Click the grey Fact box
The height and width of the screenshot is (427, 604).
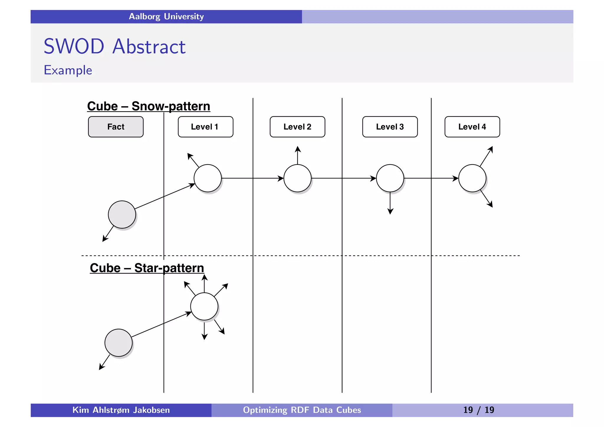click(116, 127)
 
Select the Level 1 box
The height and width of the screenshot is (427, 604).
click(205, 127)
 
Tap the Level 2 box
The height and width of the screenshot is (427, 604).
click(297, 127)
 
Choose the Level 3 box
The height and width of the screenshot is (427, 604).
click(390, 127)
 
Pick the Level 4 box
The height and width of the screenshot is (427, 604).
click(472, 127)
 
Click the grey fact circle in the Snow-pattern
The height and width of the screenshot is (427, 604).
click(122, 214)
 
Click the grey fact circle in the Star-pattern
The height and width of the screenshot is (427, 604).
click(118, 343)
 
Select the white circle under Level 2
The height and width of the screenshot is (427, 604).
click(297, 178)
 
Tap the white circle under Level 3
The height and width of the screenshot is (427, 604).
click(390, 178)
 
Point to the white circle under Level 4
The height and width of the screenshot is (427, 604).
click(472, 178)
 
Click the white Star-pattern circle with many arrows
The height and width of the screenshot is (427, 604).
click(204, 306)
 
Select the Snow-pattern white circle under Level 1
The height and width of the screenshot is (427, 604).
click(208, 178)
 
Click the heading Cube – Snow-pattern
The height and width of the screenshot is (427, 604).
click(149, 106)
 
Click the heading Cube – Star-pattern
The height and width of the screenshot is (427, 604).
click(147, 268)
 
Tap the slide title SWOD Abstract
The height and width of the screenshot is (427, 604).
click(114, 47)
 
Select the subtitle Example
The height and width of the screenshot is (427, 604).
click(68, 70)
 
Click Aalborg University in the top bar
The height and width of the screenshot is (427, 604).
click(166, 17)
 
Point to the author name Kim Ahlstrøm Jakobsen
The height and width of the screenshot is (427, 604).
click(121, 410)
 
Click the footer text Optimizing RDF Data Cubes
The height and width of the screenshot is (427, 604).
click(302, 410)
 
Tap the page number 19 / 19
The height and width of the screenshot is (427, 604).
click(478, 410)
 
